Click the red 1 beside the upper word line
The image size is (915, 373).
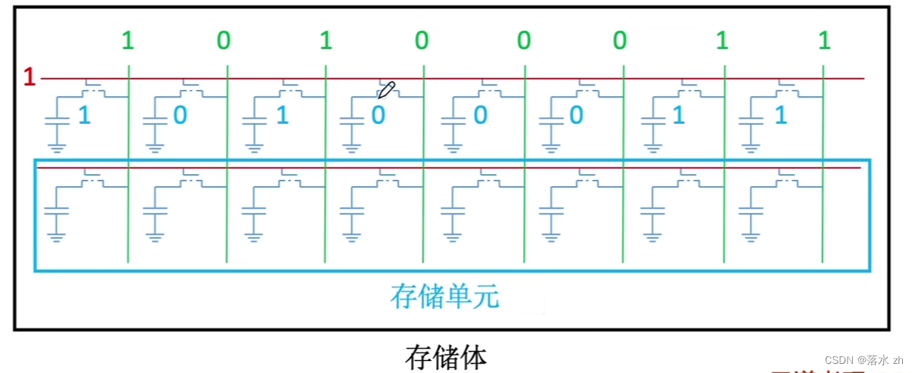[29, 77]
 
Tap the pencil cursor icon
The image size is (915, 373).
[386, 91]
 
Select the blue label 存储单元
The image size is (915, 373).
[445, 296]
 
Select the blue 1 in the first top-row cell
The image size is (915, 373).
[83, 116]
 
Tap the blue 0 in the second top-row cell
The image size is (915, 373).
[180, 116]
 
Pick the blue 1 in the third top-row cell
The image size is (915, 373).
[282, 116]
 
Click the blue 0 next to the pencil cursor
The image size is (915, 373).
[378, 116]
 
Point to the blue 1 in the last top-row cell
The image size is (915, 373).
[781, 116]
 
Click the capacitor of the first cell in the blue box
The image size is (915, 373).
[57, 214]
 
